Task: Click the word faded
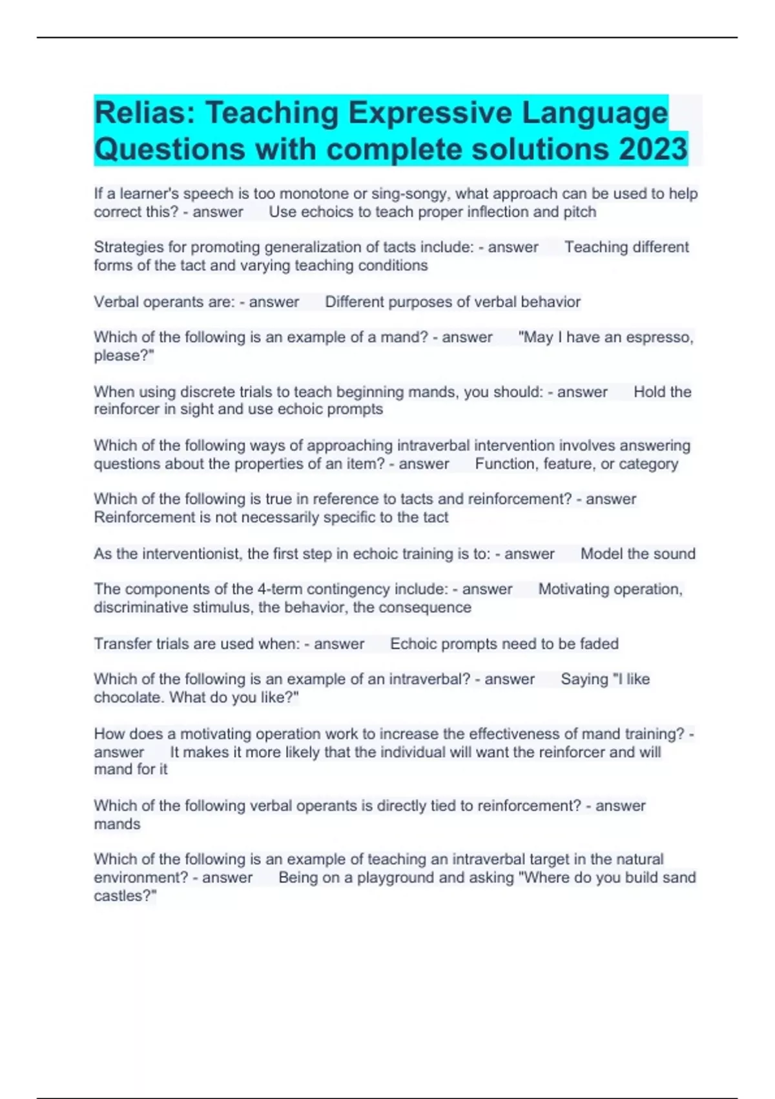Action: pos(599,644)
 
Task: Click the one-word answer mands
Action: pos(117,824)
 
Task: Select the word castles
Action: pos(122,896)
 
